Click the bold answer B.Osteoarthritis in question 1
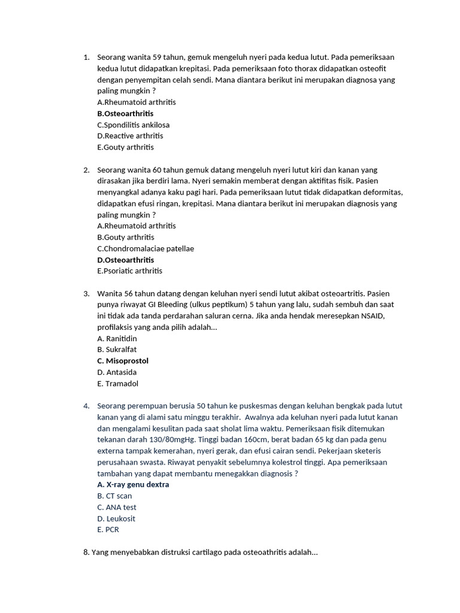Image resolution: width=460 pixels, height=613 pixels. coord(125,114)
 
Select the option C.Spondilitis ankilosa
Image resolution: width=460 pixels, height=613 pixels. coord(133,125)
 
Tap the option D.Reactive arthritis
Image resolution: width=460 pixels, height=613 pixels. coord(130,136)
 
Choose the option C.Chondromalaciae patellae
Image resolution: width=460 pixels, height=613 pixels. coord(146,248)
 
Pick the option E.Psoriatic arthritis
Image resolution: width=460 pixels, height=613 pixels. coord(129,271)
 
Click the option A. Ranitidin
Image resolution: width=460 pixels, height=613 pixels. coord(117,338)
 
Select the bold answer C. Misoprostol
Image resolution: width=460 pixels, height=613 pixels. coord(123,361)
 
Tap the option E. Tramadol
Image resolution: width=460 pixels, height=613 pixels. coord(117,384)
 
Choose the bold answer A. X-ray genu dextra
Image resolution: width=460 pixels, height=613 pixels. coord(133,484)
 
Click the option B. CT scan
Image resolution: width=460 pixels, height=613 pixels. coord(114,496)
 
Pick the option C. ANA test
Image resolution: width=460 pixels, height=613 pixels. coord(117,507)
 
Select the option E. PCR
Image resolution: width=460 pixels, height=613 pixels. coord(108,530)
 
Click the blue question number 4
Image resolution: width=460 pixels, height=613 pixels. coord(86,406)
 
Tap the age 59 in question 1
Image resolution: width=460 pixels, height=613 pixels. coord(158,57)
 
